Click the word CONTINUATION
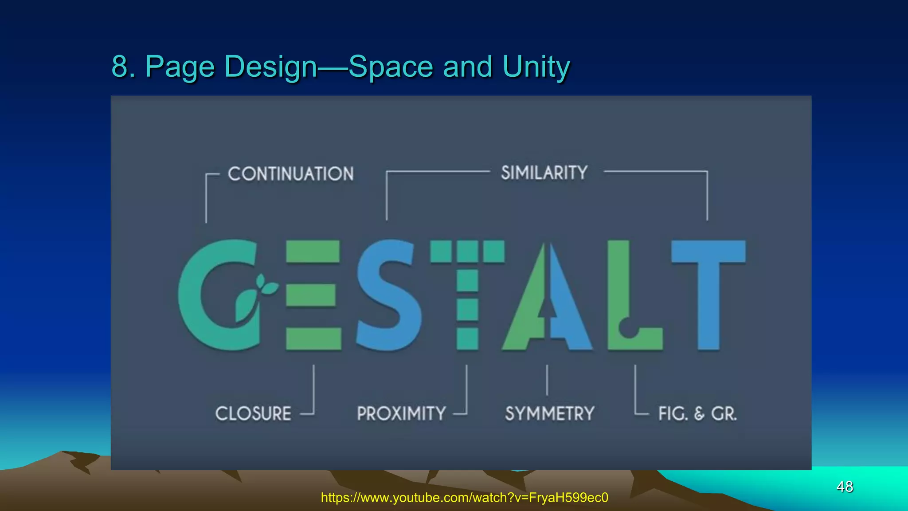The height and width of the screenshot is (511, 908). [290, 174]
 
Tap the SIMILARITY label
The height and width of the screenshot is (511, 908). [544, 173]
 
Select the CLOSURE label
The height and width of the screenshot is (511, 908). [253, 413]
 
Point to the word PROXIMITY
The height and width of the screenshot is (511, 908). [401, 413]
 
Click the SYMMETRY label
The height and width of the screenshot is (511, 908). [549, 413]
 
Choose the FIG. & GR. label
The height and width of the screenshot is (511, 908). [697, 413]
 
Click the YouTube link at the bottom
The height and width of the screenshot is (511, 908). [464, 498]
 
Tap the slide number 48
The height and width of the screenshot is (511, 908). [845, 487]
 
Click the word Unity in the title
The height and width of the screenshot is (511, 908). [536, 67]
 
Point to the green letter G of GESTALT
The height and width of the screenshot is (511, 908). [195, 295]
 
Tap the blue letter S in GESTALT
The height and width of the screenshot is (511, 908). [388, 295]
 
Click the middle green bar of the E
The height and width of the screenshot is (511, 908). [311, 295]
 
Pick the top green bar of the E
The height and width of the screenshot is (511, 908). [313, 251]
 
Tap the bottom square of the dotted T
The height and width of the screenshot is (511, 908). [467, 339]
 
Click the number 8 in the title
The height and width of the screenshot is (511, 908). [120, 67]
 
